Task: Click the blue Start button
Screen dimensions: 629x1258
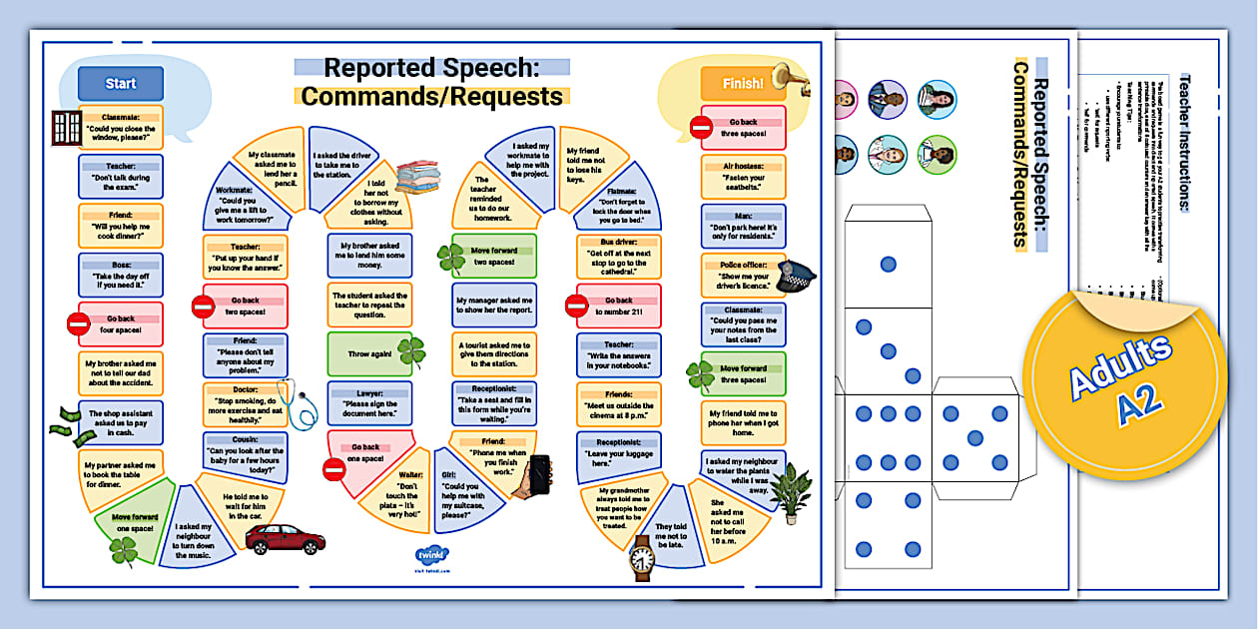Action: tap(121, 84)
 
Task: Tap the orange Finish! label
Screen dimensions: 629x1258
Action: tap(742, 84)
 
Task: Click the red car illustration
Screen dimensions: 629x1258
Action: tap(285, 539)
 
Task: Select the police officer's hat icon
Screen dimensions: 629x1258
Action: tap(796, 276)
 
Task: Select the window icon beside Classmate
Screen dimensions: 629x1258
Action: tap(67, 127)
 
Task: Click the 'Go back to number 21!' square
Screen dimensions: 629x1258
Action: tap(618, 306)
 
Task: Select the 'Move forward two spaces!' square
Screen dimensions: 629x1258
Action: tap(494, 256)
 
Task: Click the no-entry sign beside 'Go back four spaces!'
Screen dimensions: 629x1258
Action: tap(78, 323)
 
